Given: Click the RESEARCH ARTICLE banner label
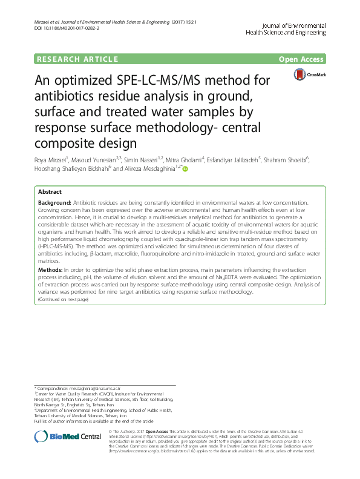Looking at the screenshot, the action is pyautogui.click(x=77, y=59).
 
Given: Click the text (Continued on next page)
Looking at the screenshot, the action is pyautogui.click(x=63, y=299).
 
